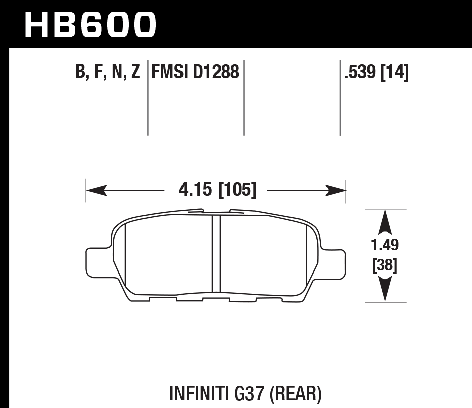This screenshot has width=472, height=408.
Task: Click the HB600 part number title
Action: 90,24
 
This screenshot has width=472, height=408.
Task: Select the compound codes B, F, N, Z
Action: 107,73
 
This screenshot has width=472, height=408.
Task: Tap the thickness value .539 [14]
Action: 376,73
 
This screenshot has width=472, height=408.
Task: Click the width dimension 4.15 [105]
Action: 217,191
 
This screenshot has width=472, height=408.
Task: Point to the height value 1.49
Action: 385,246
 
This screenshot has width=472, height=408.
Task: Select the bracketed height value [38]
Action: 385,265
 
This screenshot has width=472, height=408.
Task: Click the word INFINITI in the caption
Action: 194,393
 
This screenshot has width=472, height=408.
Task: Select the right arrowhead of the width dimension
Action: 336,191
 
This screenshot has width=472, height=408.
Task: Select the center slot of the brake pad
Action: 216,254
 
